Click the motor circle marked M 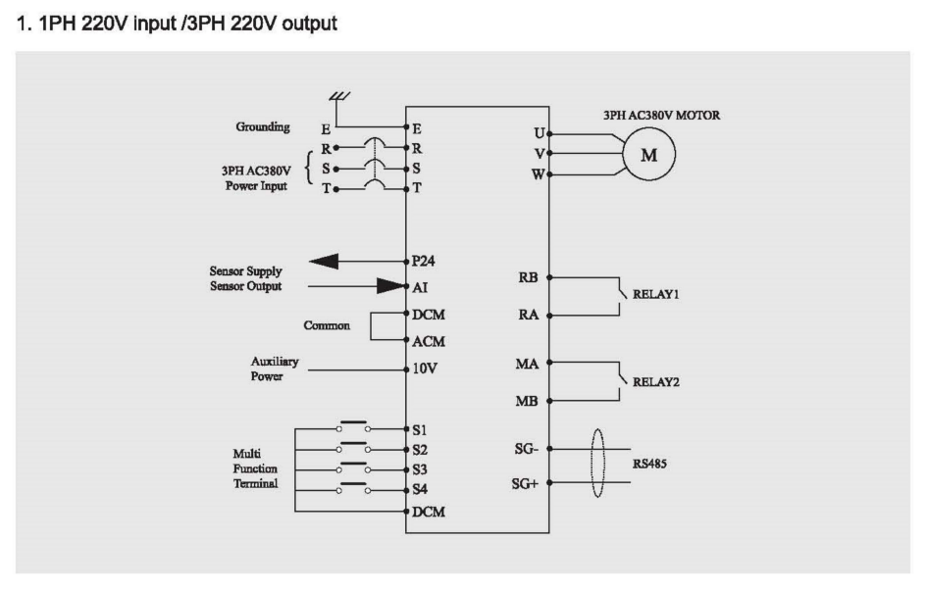pos(648,154)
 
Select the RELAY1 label pos(655,292)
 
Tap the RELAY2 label pos(655,382)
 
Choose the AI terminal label pos(422,288)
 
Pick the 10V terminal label pos(426,369)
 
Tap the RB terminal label pos(527,277)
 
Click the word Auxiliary pos(275,362)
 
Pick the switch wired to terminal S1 pos(354,427)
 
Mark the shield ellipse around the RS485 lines pos(598,466)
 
